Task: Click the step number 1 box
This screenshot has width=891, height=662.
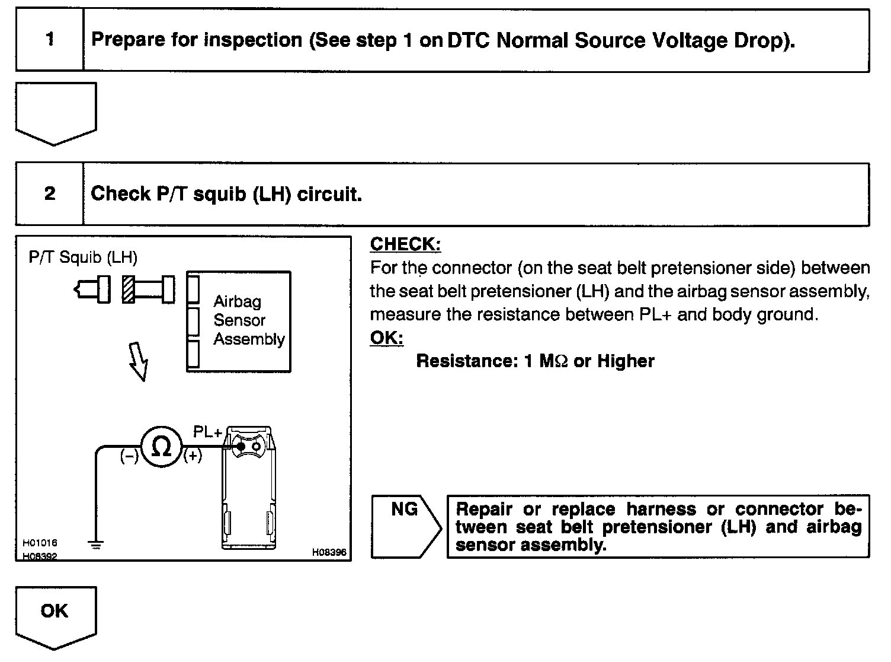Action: pos(50,40)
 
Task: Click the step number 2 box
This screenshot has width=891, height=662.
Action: pos(50,194)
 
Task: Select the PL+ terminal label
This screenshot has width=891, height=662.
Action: pos(207,433)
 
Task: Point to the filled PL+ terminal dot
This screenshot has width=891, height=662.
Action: pos(241,446)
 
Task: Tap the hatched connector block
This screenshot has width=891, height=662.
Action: pos(129,290)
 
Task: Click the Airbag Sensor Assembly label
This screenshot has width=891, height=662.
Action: pos(249,320)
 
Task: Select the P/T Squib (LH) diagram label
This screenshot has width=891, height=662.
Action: pos(83,257)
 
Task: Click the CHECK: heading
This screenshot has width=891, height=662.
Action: pos(405,244)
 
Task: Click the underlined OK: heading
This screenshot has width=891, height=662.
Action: pos(386,338)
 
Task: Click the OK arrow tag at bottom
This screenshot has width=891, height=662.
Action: pos(55,614)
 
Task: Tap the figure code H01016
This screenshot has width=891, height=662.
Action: pos(40,543)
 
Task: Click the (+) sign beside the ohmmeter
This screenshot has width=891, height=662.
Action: pos(193,457)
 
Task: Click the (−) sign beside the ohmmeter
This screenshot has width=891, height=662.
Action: pos(129,457)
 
